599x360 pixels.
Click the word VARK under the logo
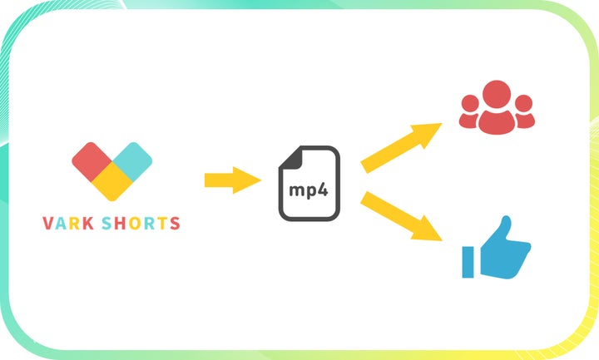[x=69, y=223]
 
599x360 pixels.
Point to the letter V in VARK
[x=47, y=223]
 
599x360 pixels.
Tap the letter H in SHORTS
[x=121, y=223]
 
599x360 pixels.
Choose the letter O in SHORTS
[x=135, y=223]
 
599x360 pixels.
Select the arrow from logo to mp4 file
[x=232, y=179]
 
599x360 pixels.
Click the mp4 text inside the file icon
[x=308, y=190]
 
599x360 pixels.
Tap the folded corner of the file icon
[x=330, y=156]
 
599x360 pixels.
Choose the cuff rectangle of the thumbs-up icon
[x=469, y=261]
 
